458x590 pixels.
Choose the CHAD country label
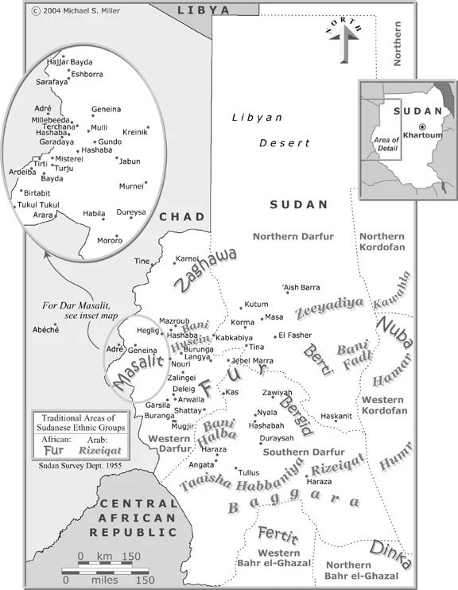[x=182, y=217]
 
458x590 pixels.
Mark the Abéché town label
[x=45, y=329]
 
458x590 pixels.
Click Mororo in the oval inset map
[x=109, y=240]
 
